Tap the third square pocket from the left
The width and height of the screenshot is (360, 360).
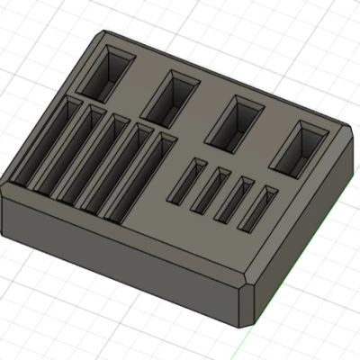[x=235, y=123]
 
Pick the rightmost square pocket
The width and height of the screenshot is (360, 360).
[x=301, y=148]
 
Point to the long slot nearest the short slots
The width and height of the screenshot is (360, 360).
[x=145, y=179]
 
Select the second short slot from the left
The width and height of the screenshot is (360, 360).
[x=210, y=187]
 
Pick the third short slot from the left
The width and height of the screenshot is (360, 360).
[x=232, y=197]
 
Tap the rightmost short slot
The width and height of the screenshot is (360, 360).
[x=256, y=206]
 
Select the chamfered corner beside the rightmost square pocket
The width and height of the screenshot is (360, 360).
[x=348, y=135]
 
